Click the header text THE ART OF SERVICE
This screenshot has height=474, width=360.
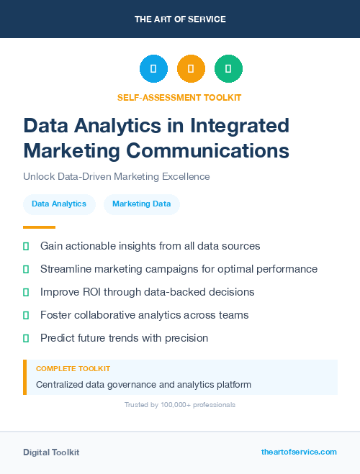tap(179, 19)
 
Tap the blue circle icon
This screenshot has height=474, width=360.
tap(153, 69)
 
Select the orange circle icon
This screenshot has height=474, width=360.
tap(191, 69)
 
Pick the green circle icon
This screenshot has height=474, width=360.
tap(228, 69)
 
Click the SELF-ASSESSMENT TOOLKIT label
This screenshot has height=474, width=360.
tap(179, 97)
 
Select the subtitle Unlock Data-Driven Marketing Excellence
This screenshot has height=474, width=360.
tap(116, 176)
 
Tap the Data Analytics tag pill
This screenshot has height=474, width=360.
tap(59, 204)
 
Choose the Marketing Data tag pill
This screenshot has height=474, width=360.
tap(141, 204)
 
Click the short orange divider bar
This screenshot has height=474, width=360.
tap(39, 227)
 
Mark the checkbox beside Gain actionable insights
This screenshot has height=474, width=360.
tap(26, 246)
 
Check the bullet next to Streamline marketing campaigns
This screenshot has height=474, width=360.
tap(26, 269)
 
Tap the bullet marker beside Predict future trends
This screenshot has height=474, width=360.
tap(26, 338)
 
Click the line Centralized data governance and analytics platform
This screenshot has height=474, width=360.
tap(143, 385)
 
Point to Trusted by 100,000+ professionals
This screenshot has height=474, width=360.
tap(179, 405)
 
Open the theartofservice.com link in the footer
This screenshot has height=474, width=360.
tap(299, 452)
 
